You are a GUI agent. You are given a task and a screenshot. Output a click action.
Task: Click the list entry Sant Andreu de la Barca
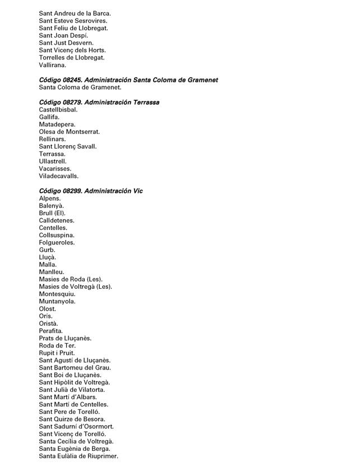[x=75, y=13]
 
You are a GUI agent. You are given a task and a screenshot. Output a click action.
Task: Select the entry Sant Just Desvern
[x=66, y=43]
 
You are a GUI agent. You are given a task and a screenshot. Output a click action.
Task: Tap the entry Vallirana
[x=52, y=65]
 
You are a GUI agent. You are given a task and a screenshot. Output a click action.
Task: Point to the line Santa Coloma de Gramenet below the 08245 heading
[x=80, y=87]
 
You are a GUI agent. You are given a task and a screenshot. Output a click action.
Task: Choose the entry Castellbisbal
[x=58, y=110]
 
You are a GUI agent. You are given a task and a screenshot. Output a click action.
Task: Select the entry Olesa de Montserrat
[x=70, y=132]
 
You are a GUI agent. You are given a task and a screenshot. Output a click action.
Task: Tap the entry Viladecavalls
[x=59, y=176]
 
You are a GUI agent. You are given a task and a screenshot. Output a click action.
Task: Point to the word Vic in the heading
[x=138, y=191]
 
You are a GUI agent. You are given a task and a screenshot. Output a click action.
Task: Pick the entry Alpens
[x=50, y=199]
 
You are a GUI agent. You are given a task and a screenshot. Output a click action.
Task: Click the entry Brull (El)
[x=52, y=213]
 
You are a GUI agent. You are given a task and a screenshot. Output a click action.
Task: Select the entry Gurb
[x=47, y=250]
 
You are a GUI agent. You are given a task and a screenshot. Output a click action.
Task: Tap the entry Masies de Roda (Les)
[x=71, y=279]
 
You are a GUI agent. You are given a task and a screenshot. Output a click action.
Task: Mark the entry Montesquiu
[x=57, y=294]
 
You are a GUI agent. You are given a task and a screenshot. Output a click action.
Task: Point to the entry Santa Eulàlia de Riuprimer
[x=79, y=456]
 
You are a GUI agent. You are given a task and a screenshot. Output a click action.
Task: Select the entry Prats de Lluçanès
[x=65, y=338]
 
